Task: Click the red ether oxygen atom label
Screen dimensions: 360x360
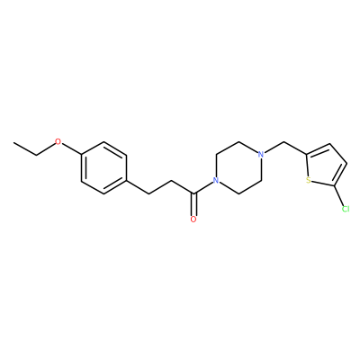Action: [x=58, y=142]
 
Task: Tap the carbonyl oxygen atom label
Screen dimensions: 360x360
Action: [x=193, y=220]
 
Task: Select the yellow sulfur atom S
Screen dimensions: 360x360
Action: [x=308, y=181]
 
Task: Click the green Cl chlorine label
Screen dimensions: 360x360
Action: [x=346, y=209]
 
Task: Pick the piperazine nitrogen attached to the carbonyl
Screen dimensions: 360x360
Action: [x=215, y=181]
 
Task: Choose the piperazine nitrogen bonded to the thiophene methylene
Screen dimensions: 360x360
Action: [x=261, y=155]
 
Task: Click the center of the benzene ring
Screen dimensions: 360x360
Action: [x=103, y=168]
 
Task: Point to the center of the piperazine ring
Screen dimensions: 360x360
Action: [x=238, y=168]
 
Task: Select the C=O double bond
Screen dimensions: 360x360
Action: [x=193, y=204]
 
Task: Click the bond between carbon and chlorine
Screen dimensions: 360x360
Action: [x=338, y=196]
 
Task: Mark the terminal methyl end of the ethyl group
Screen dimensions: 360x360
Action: [x=13, y=142]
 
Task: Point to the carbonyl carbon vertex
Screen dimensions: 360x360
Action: [x=193, y=193]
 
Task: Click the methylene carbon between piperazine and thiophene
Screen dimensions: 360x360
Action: [x=283, y=142]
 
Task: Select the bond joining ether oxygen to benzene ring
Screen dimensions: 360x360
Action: [x=71, y=148]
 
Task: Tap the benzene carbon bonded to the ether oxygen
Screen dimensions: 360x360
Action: [x=81, y=155]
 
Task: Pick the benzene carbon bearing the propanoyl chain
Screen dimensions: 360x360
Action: [x=126, y=181]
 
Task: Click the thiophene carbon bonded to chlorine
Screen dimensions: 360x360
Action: [x=334, y=186]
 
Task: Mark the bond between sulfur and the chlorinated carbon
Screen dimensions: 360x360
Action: [x=322, y=184]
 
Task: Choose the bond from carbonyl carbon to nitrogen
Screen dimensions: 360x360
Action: [x=203, y=188]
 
